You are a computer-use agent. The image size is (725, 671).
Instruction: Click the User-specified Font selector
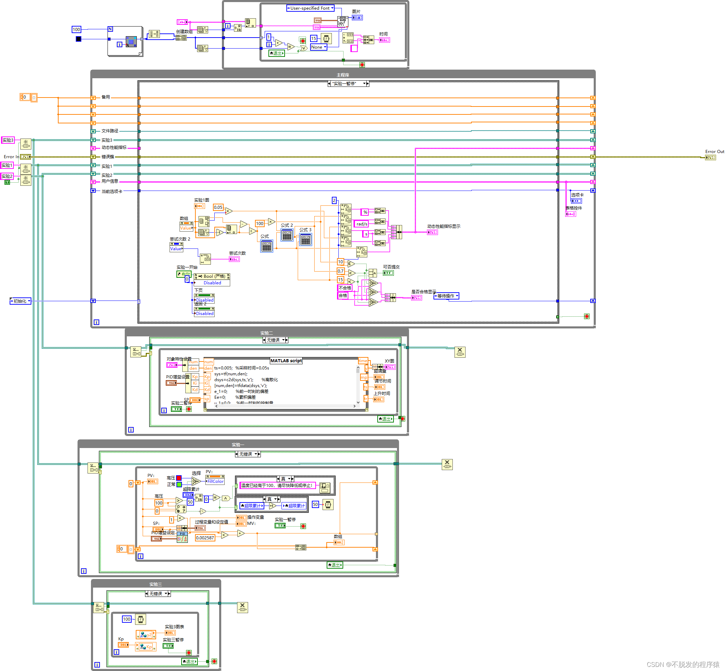(310, 8)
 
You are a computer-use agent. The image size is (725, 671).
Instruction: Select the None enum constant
(318, 47)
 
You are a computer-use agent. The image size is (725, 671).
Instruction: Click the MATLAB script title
(286, 360)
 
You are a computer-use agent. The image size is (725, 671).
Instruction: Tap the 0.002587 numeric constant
(205, 538)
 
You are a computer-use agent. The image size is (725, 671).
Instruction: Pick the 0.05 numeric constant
(218, 207)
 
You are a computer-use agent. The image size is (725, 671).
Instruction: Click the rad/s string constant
(361, 224)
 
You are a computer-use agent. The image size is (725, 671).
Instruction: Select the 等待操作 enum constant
(446, 296)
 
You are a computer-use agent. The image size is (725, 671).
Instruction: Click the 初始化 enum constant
(20, 301)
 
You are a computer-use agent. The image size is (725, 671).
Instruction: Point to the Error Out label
(714, 152)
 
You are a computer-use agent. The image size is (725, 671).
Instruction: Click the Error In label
(11, 157)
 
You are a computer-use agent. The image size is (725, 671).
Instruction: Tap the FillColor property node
(215, 481)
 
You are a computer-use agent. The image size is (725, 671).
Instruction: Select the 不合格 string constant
(345, 288)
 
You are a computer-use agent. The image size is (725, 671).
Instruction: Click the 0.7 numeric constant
(340, 271)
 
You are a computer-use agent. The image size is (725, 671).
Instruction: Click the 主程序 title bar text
(343, 75)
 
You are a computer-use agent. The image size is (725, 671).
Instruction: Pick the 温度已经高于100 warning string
(277, 486)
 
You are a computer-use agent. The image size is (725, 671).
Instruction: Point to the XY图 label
(389, 361)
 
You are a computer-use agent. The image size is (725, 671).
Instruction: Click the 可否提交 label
(391, 267)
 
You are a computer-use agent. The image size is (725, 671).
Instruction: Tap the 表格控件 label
(574, 208)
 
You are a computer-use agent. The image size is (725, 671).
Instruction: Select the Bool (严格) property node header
(212, 276)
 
